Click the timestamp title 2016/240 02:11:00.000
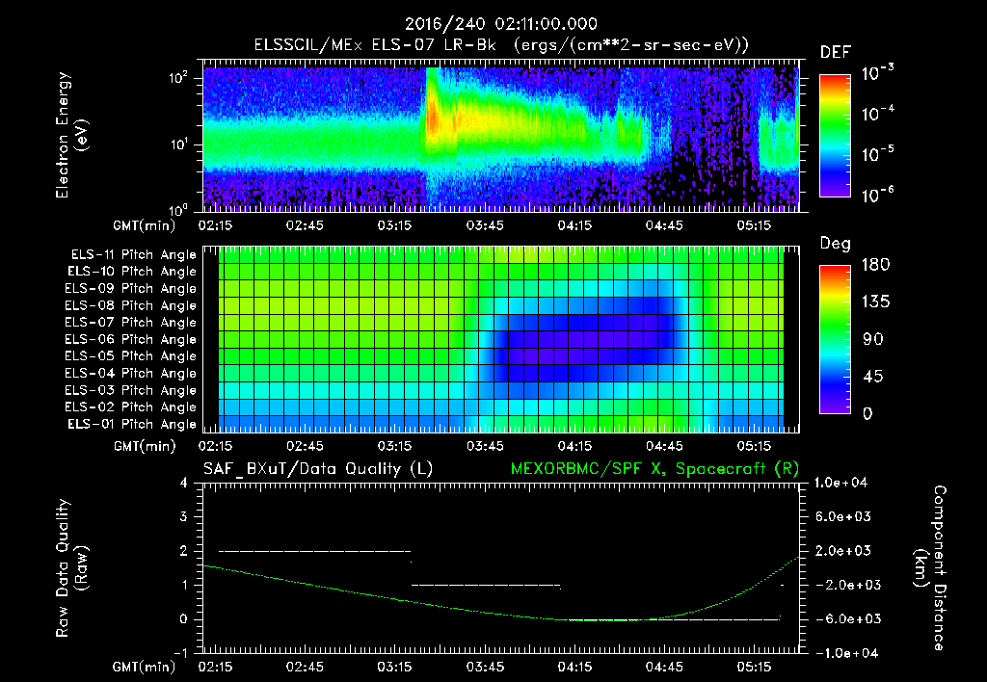[x=493, y=24]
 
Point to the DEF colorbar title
[x=835, y=52]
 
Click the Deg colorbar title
[x=835, y=244]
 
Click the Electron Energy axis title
[x=72, y=135]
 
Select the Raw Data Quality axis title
[x=72, y=568]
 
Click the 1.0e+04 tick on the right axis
[x=844, y=483]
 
